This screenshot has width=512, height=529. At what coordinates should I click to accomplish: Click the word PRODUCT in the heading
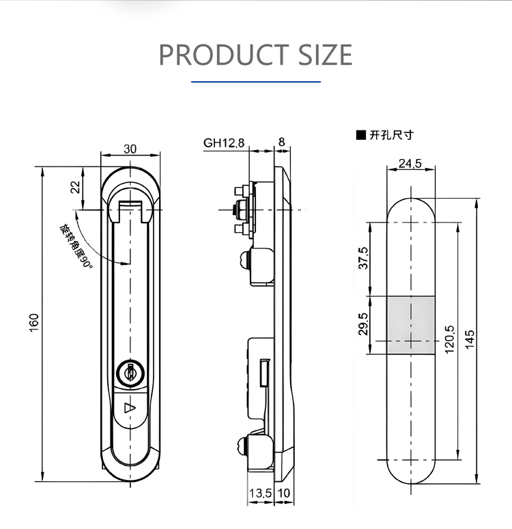223,55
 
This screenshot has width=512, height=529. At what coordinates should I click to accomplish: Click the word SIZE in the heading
326,55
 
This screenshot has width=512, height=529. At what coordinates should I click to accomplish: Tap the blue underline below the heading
256,82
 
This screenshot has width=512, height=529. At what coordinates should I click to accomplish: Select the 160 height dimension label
34,323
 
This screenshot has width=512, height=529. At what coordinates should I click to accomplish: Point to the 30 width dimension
130,149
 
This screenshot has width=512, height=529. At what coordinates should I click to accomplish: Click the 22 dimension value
76,187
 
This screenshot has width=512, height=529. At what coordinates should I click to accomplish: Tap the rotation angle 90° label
76,246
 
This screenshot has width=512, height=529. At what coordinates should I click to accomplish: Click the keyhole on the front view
130,373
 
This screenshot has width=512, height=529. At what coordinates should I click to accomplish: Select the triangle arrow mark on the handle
130,408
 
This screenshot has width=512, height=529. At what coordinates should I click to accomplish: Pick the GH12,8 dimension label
224,143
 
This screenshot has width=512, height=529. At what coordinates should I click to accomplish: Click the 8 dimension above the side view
281,142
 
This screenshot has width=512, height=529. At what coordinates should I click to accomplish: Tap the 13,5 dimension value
260,494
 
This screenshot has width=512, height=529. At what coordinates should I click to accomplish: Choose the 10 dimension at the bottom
283,494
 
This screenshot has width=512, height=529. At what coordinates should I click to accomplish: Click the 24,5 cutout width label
410,164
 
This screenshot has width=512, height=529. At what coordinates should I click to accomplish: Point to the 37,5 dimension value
363,258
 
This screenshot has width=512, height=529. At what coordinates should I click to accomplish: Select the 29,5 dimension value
363,324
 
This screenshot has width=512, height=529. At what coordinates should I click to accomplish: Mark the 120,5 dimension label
450,339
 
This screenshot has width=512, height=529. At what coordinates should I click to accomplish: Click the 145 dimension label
470,339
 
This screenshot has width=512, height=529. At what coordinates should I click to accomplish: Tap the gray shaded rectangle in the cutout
411,325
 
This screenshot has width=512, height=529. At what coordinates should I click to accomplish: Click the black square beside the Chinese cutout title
361,135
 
